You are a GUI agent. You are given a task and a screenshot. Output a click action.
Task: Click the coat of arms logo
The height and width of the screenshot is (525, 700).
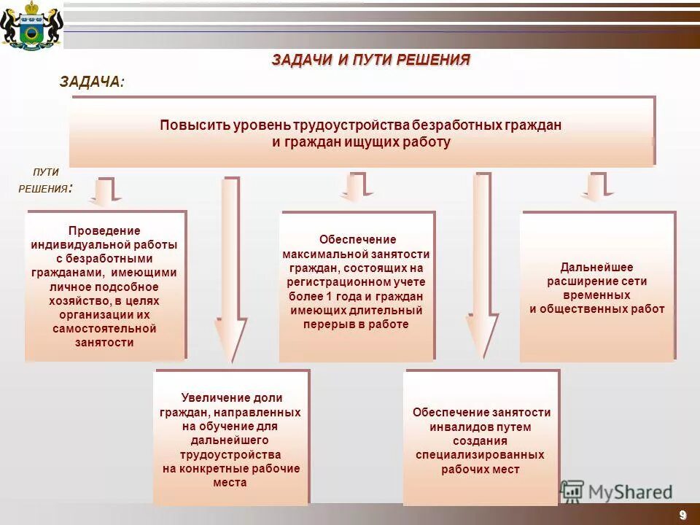[31, 26]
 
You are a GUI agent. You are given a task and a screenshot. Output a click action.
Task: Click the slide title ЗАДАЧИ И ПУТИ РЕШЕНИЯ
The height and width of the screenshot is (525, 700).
[371, 60]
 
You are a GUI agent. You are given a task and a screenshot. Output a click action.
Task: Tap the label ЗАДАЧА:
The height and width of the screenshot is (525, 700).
[92, 82]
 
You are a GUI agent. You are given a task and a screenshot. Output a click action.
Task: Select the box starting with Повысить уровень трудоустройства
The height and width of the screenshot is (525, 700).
[362, 133]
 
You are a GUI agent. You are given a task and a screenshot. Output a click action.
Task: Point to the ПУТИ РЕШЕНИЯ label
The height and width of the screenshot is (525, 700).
[45, 180]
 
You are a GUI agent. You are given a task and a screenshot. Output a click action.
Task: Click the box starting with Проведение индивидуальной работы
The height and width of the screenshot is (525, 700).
[105, 286]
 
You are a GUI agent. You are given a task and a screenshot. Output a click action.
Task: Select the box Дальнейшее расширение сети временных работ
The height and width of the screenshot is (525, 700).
[597, 286]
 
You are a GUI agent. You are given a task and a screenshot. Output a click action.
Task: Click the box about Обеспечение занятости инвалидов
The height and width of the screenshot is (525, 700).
[481, 437]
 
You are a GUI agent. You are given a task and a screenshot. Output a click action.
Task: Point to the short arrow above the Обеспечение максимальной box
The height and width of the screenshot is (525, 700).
[357, 187]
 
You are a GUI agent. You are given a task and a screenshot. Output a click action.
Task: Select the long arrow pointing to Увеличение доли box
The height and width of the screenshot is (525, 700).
[231, 270]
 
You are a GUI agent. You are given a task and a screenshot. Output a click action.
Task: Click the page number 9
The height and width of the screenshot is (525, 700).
[682, 515]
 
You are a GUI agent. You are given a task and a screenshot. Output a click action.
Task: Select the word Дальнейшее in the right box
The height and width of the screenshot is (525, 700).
[596, 267]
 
